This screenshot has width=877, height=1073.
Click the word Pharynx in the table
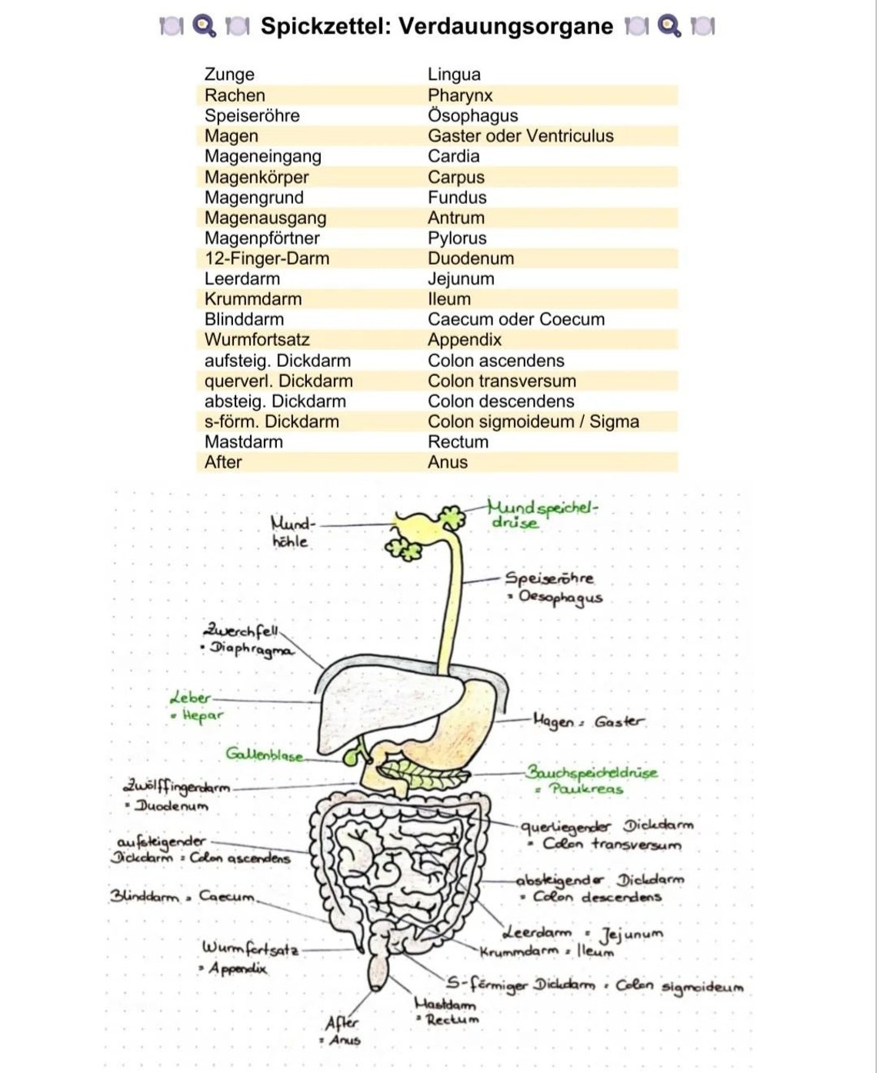click(460, 95)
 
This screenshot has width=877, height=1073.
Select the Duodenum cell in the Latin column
click(471, 258)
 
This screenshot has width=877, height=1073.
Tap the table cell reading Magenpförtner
click(262, 238)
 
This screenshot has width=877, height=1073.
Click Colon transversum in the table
click(502, 381)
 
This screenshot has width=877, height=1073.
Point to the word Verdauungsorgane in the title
click(505, 26)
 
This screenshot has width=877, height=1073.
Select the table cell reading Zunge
click(229, 75)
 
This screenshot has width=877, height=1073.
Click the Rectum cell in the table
click(458, 442)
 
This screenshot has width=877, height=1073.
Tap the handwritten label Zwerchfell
click(242, 631)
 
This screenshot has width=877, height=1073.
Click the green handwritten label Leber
click(190, 698)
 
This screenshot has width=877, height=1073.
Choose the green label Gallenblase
click(265, 755)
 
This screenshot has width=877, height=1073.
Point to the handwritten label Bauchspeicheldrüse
click(592, 772)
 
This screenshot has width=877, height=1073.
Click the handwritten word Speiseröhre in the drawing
click(549, 578)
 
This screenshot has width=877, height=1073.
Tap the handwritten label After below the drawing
click(342, 1023)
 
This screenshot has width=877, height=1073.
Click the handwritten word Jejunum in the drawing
click(631, 935)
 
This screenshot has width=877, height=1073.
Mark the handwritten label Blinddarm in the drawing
click(144, 896)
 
